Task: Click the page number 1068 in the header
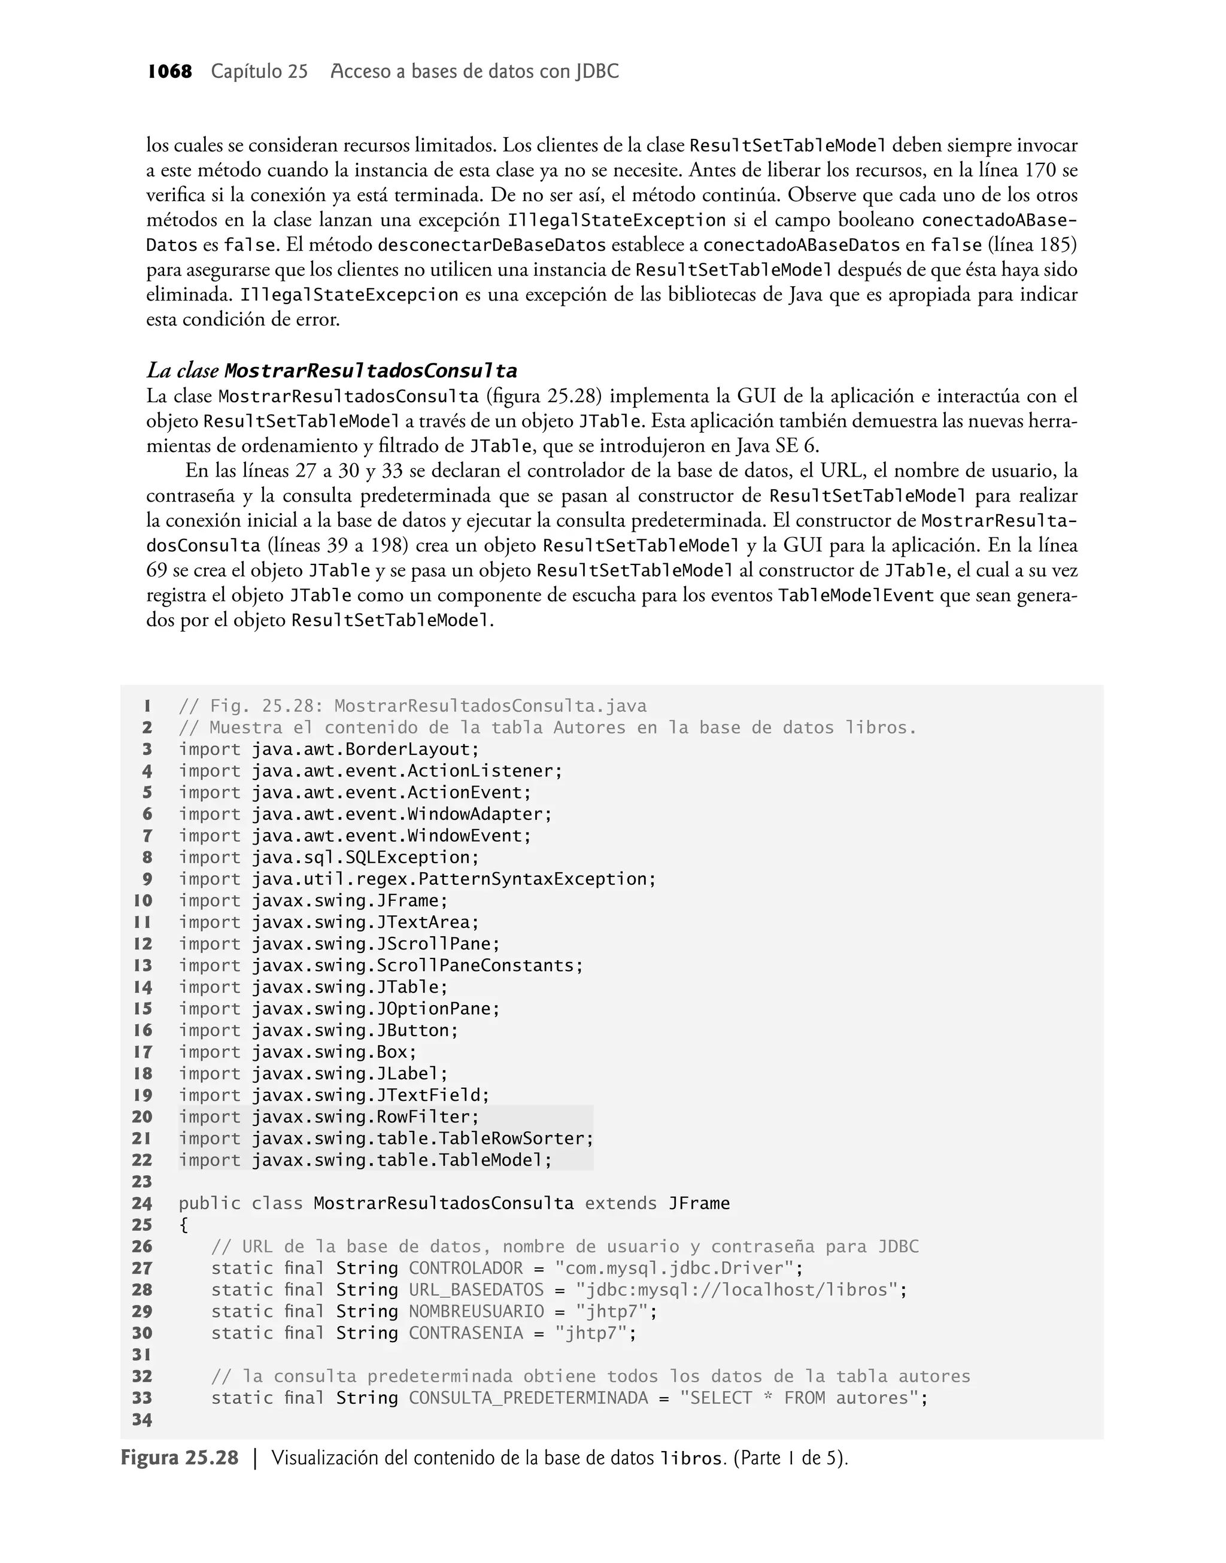[x=169, y=72]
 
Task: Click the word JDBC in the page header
[x=596, y=72]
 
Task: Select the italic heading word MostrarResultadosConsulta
[x=371, y=371]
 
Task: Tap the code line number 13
[x=143, y=965]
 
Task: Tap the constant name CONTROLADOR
[x=466, y=1268]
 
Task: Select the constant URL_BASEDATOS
[x=476, y=1289]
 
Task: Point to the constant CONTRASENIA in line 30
[x=466, y=1333]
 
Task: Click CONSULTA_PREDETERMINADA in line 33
[x=529, y=1398]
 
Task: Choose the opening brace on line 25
[x=184, y=1225]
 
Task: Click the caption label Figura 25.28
[x=179, y=1458]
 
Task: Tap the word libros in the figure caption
[x=690, y=1459]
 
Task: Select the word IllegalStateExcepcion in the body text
[x=349, y=295]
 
